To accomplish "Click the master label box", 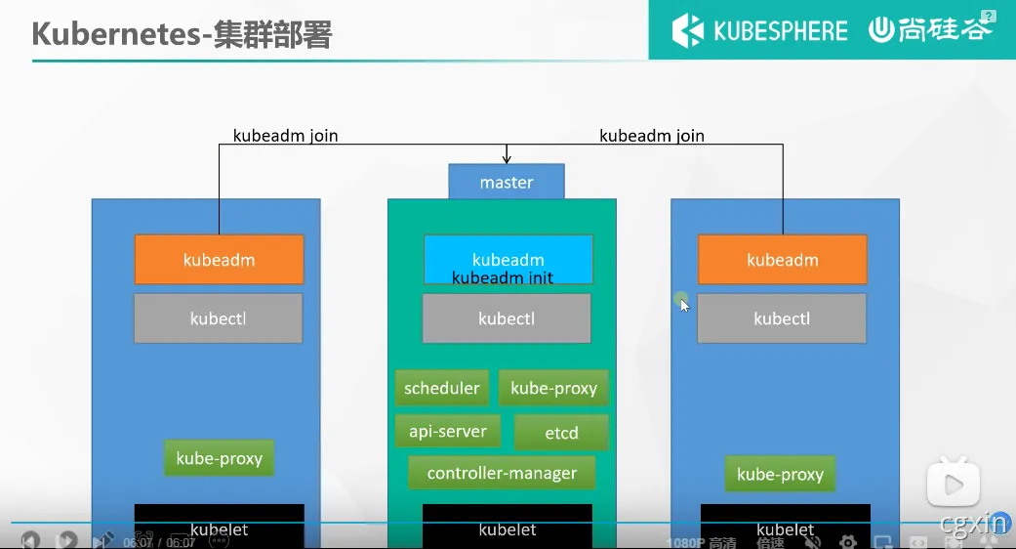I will coord(506,182).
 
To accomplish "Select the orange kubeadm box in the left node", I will coord(219,260).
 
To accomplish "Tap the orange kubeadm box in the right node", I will coord(782,260).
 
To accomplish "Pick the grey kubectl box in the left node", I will coord(218,318).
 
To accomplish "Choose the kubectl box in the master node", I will coord(506,318).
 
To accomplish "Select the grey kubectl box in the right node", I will coord(781,318).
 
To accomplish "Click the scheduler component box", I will coord(442,388).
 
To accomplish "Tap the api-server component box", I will coord(448,431).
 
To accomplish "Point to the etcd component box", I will coord(561,433).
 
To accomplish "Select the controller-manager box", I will coord(502,473).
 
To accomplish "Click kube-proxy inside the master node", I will coord(553,388).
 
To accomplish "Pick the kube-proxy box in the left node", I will coord(219,458).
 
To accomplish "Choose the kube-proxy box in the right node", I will coord(780,475).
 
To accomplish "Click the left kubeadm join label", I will coord(285,136).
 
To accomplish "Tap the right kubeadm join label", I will coord(651,136).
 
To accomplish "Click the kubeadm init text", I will coord(502,278).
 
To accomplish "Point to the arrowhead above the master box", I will coord(506,158).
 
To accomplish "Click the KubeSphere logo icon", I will coord(688,30).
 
